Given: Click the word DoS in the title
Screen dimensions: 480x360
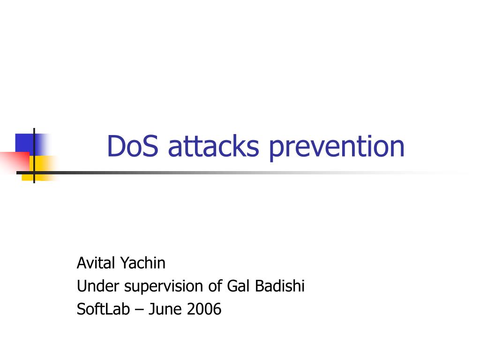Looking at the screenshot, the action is tap(133, 146).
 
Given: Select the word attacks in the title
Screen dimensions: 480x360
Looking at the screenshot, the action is tap(214, 146).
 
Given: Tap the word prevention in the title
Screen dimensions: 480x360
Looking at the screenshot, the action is tap(337, 148).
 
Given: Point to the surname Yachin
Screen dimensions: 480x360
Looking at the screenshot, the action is tap(143, 262).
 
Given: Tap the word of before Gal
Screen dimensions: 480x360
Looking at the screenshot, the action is tap(215, 286).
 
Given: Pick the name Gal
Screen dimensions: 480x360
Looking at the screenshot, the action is tap(239, 286).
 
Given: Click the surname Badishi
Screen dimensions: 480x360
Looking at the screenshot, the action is tap(280, 286).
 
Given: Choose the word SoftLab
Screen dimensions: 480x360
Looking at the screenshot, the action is tap(103, 309).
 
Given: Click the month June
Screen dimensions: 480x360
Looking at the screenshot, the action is tap(165, 309).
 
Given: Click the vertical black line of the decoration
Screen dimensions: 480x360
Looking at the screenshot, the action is tap(34, 156).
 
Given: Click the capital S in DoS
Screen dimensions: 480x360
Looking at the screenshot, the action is tap(150, 146).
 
